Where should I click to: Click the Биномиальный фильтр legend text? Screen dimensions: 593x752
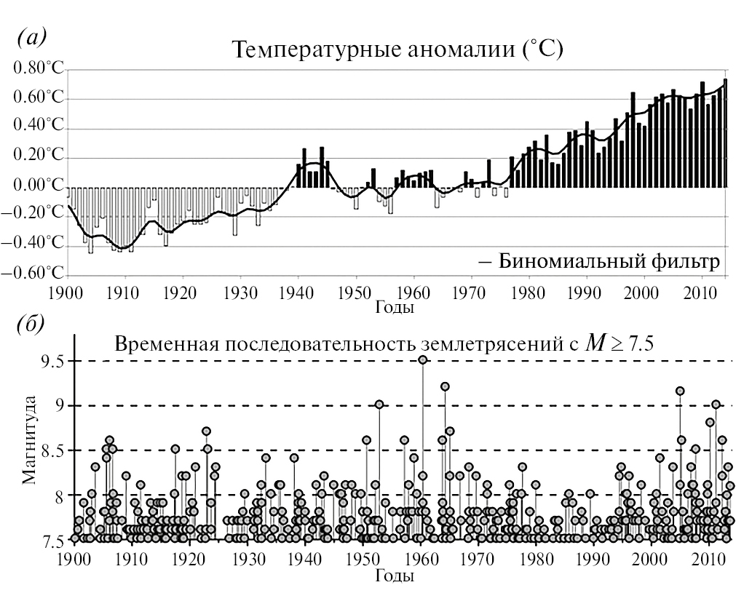point(610,261)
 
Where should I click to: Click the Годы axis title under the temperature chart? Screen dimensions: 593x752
point(395,307)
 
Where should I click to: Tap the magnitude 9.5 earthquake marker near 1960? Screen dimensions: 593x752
point(422,359)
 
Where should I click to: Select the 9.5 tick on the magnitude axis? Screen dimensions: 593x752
point(47,362)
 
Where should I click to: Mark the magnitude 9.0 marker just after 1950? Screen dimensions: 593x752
point(379,404)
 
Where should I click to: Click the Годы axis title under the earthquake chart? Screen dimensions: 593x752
point(395,575)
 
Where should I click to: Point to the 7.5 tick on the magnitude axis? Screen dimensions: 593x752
point(47,541)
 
